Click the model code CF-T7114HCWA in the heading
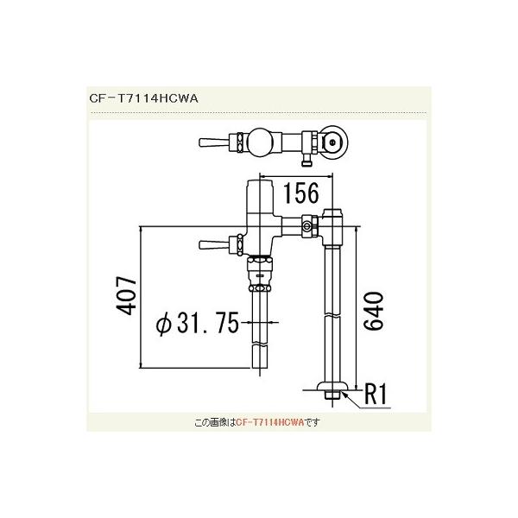(145, 98)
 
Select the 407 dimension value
(124, 299)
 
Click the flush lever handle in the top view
(211, 141)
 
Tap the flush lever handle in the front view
(211, 245)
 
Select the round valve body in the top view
(260, 140)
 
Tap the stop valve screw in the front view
(305, 228)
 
